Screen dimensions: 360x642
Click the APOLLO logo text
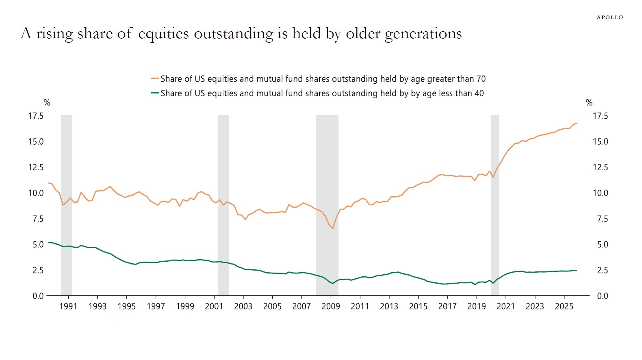tap(609, 17)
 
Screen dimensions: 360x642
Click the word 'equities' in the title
tap(163, 34)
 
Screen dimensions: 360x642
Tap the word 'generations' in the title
tap(423, 34)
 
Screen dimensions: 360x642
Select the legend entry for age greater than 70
tap(323, 79)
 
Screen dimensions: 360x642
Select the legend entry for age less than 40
tap(322, 93)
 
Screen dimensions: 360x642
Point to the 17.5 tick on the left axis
tap(36, 116)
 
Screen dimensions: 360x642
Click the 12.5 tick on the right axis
tap(600, 167)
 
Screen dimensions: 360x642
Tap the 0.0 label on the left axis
tap(38, 296)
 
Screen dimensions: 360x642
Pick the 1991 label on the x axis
tap(68, 307)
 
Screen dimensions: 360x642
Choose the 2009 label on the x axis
tap(330, 307)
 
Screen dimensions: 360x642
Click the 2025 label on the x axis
tap(564, 307)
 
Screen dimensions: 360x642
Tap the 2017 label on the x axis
tap(447, 307)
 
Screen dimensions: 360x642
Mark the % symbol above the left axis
tap(47, 103)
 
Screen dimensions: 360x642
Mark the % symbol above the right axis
tap(589, 103)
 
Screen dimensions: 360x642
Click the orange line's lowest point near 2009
tap(332, 228)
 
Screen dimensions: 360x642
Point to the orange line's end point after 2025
tap(577, 123)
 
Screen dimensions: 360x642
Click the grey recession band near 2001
tap(223, 205)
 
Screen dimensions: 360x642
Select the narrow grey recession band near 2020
tap(495, 205)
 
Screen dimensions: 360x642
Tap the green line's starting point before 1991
tap(49, 243)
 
